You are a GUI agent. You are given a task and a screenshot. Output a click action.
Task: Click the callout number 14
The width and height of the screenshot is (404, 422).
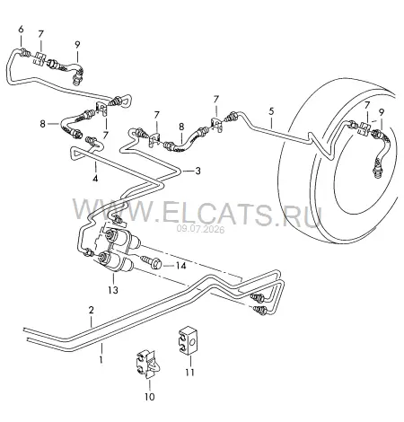180,266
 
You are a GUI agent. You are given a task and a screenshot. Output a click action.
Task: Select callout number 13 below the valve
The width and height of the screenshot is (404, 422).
113,290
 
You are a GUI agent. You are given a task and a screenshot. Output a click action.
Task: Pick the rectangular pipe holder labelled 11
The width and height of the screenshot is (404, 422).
188,340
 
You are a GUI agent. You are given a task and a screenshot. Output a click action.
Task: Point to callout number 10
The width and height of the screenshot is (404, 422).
150,397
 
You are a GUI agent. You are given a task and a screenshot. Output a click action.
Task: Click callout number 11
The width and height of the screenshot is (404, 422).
189,373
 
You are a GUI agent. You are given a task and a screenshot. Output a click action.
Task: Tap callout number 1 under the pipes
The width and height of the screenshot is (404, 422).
101,359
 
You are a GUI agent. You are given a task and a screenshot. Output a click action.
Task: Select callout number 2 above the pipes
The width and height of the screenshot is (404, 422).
92,310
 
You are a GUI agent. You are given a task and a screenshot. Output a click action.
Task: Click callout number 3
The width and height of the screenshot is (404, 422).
198,171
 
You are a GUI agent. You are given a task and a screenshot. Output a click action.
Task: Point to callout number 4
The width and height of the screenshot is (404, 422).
95,179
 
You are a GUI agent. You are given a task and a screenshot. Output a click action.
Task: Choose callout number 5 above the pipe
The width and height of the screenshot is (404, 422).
271,111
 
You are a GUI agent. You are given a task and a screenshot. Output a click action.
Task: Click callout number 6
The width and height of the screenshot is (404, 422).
21,30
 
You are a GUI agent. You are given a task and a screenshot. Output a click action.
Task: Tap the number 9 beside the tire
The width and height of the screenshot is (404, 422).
381,112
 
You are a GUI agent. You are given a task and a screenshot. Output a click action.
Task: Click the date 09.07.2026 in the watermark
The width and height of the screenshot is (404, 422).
200,230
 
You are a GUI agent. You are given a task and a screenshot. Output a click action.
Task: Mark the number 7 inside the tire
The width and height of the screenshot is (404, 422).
367,105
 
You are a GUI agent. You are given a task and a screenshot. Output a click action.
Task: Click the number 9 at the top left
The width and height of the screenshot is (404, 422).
77,45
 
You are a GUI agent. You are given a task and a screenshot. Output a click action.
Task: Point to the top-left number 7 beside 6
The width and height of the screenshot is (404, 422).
40,34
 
